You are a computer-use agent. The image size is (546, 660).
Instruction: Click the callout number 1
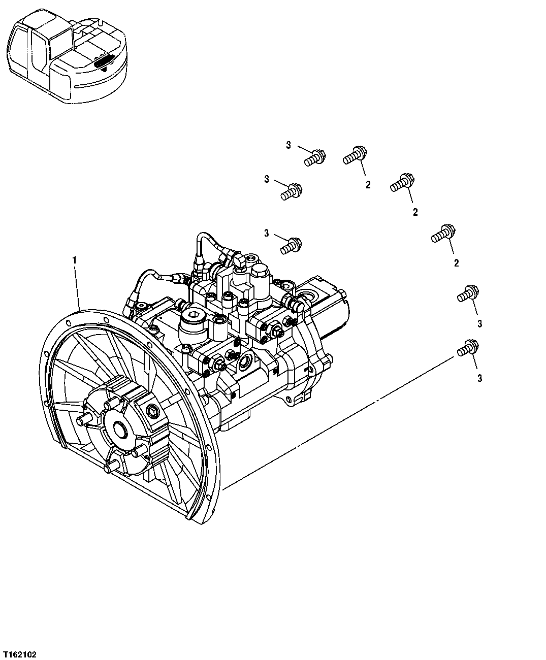tap(74, 260)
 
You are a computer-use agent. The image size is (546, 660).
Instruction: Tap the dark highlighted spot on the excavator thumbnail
tap(104, 61)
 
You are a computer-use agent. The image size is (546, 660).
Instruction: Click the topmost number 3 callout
tap(288, 146)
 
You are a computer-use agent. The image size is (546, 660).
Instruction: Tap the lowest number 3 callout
tap(479, 378)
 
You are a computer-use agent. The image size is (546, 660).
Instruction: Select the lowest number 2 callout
tap(456, 263)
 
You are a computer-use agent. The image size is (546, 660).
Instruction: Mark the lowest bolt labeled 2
tap(442, 234)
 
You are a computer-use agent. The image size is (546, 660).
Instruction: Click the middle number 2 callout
tap(415, 212)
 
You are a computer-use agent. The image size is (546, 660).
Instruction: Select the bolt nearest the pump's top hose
tap(292, 246)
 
